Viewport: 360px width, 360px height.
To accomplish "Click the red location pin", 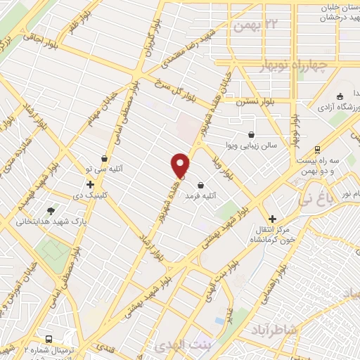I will pos(181,165).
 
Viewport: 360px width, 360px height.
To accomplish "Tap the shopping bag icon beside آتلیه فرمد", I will pos(202,186).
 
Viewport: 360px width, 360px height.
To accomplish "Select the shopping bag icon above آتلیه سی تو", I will pos(105,158).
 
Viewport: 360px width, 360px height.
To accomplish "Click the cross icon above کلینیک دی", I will pos(91,184).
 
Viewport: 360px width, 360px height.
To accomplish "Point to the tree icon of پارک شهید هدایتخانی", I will pos(51,211).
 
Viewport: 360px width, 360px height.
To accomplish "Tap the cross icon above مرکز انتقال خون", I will pos(273,219).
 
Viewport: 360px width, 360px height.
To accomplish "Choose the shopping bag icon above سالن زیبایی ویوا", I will pos(252,134).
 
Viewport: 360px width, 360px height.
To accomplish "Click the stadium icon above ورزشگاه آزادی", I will pos(340,96).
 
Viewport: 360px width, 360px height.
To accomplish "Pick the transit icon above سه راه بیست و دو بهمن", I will pos(318,149).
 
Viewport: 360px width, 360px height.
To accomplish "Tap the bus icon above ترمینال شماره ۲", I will pos(48,338).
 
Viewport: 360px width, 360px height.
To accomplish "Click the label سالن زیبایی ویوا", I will pos(257,146).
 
